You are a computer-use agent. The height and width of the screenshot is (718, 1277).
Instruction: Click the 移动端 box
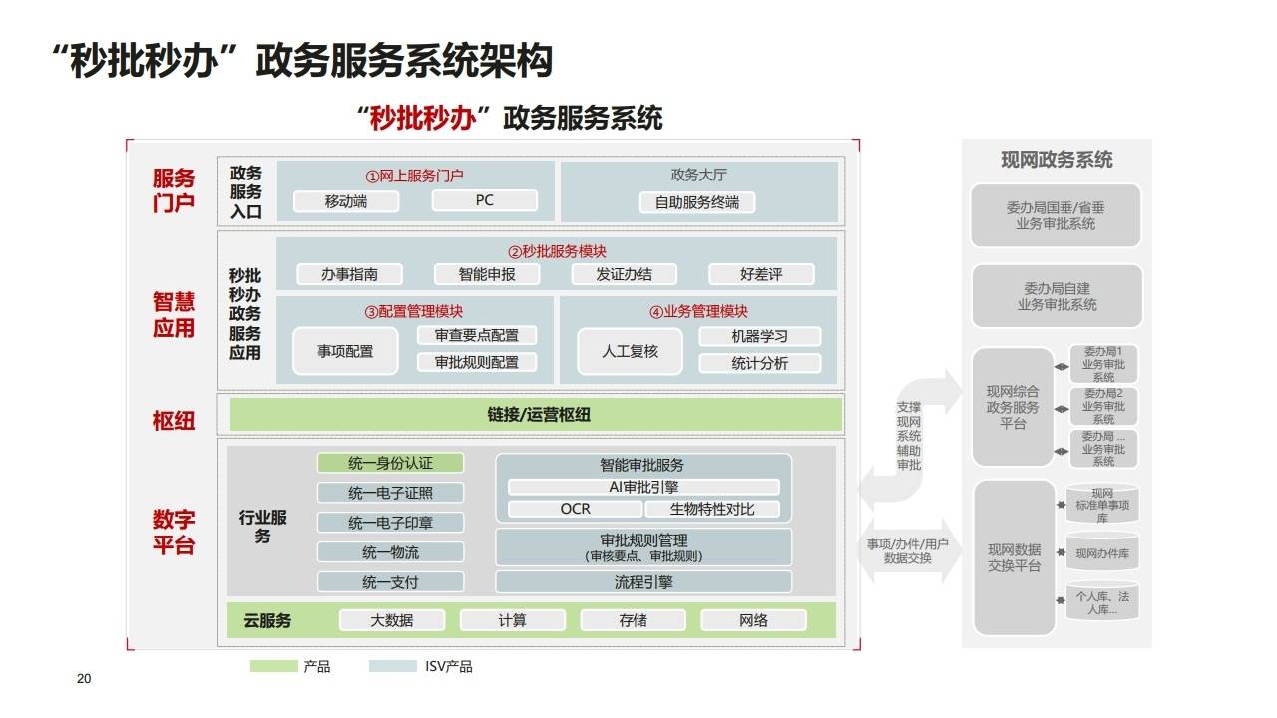pos(346,201)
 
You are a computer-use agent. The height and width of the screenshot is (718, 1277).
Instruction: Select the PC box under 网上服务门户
pos(484,200)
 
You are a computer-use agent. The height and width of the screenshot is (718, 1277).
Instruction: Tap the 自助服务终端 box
pos(697,202)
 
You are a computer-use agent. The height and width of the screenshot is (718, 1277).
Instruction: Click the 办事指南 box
pos(349,274)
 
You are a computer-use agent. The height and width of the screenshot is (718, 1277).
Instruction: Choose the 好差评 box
pos(761,274)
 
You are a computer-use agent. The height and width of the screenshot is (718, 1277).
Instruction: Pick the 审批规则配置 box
pos(477,362)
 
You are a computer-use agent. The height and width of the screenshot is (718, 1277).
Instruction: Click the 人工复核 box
pos(631,351)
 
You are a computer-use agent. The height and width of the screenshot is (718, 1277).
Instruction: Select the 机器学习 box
pos(759,336)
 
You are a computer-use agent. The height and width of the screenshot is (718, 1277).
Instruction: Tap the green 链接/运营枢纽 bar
pos(537,414)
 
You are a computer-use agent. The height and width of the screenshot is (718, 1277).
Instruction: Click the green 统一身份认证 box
pos(390,463)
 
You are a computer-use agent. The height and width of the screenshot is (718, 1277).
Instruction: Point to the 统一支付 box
pos(390,582)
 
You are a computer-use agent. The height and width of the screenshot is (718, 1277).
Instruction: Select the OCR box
pos(575,509)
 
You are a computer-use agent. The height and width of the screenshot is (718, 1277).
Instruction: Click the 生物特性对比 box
pos(711,509)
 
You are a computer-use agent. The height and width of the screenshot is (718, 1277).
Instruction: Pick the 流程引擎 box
pos(643,582)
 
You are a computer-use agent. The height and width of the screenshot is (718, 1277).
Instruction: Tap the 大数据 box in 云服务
pos(392,620)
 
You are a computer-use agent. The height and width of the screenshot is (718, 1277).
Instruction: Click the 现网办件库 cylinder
pos(1102,553)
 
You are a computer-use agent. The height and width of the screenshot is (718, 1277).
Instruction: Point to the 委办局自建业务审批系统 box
pos(1057,297)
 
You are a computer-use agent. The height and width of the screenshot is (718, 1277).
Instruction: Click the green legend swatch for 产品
pos(273,666)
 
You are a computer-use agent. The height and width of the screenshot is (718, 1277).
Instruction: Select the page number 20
pos(84,679)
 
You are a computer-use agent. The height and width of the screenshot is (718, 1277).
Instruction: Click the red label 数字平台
pos(174,533)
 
